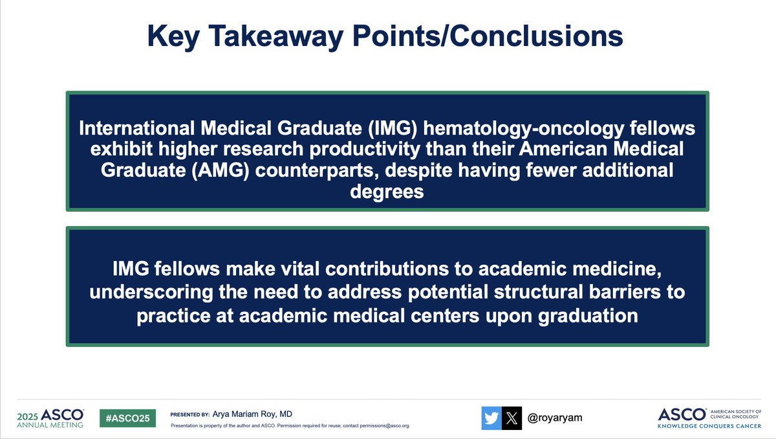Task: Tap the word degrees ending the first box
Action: [387, 192]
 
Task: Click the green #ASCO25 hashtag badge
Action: [127, 418]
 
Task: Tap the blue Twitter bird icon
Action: [491, 418]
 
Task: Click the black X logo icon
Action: [512, 418]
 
